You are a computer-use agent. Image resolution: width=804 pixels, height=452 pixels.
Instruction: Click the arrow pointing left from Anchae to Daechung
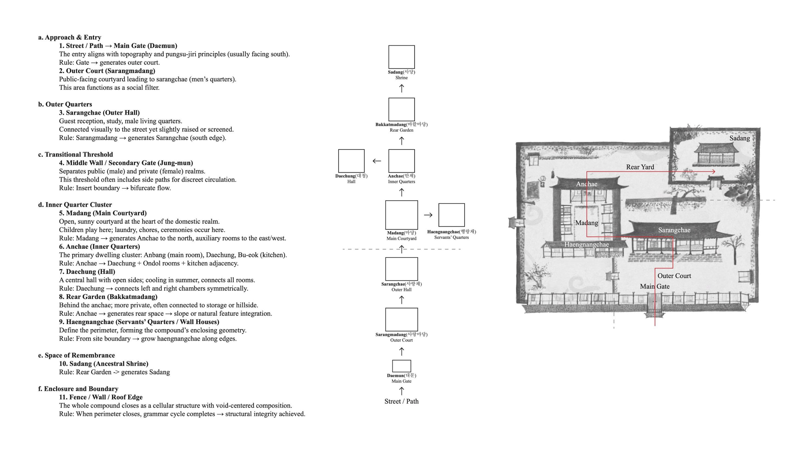pos(377,161)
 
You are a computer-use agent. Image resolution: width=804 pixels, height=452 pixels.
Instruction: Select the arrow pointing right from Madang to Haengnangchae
pos(428,215)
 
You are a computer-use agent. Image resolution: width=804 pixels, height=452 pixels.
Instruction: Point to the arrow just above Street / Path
pos(402,391)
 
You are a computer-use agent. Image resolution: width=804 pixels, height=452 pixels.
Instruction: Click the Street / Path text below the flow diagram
pos(401,401)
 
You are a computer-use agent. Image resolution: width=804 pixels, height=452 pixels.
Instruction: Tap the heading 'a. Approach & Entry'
pos(70,37)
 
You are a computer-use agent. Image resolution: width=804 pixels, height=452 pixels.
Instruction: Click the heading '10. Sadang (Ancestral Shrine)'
pos(104,364)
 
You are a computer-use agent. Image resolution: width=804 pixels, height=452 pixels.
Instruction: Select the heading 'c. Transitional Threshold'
pos(76,154)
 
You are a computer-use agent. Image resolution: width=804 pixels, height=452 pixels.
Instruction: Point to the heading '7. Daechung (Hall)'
pos(87,272)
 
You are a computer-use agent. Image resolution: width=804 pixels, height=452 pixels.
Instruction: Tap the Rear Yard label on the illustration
pos(640,167)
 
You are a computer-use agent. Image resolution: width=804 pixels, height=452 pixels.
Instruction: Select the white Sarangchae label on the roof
pos(674,230)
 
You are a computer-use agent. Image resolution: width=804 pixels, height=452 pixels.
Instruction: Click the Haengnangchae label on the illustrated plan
pos(586,245)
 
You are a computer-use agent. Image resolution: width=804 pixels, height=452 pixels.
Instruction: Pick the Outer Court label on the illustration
pos(674,276)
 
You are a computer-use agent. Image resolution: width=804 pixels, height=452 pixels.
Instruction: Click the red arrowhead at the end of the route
pos(714,172)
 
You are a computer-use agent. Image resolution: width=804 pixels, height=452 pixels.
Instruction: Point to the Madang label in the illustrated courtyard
pos(586,223)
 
